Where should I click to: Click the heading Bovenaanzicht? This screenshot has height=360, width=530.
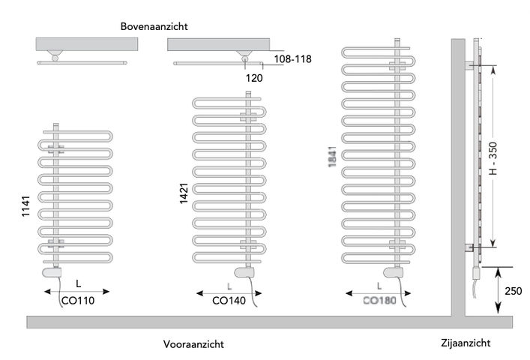tap(154, 26)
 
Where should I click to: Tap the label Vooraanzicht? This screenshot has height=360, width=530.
tap(193, 344)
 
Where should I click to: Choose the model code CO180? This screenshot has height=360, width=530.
tap(378, 301)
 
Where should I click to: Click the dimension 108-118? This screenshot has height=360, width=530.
tap(292, 58)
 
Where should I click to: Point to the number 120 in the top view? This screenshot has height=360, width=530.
tap(254, 76)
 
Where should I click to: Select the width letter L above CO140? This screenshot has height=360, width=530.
tap(229, 286)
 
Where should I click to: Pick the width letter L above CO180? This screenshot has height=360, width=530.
tap(379, 285)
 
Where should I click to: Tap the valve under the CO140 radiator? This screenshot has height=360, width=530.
tap(244, 272)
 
